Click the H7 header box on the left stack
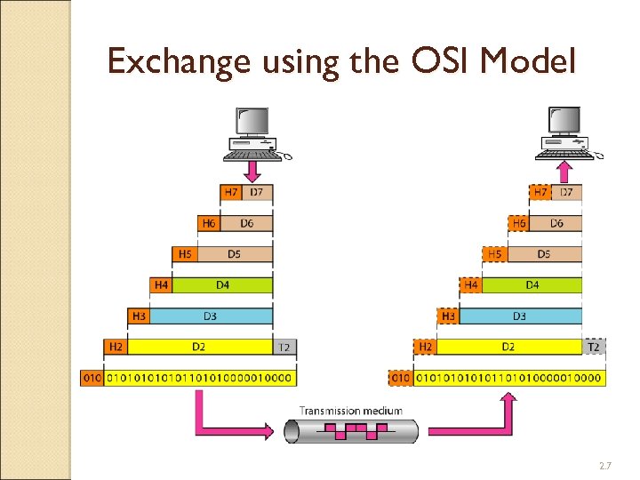tap(231, 192)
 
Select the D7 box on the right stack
tap(567, 192)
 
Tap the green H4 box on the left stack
tap(161, 285)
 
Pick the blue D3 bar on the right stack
tap(520, 316)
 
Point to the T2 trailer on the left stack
tap(284, 347)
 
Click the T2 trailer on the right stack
tap(594, 347)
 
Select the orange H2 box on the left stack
tap(115, 347)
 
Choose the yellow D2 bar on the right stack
tap(508, 347)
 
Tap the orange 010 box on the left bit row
tap(92, 378)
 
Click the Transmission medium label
tap(350, 411)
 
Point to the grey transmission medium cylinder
tap(350, 431)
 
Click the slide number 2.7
tap(605, 466)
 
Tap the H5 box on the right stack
tap(494, 254)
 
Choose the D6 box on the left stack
tap(246, 223)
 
